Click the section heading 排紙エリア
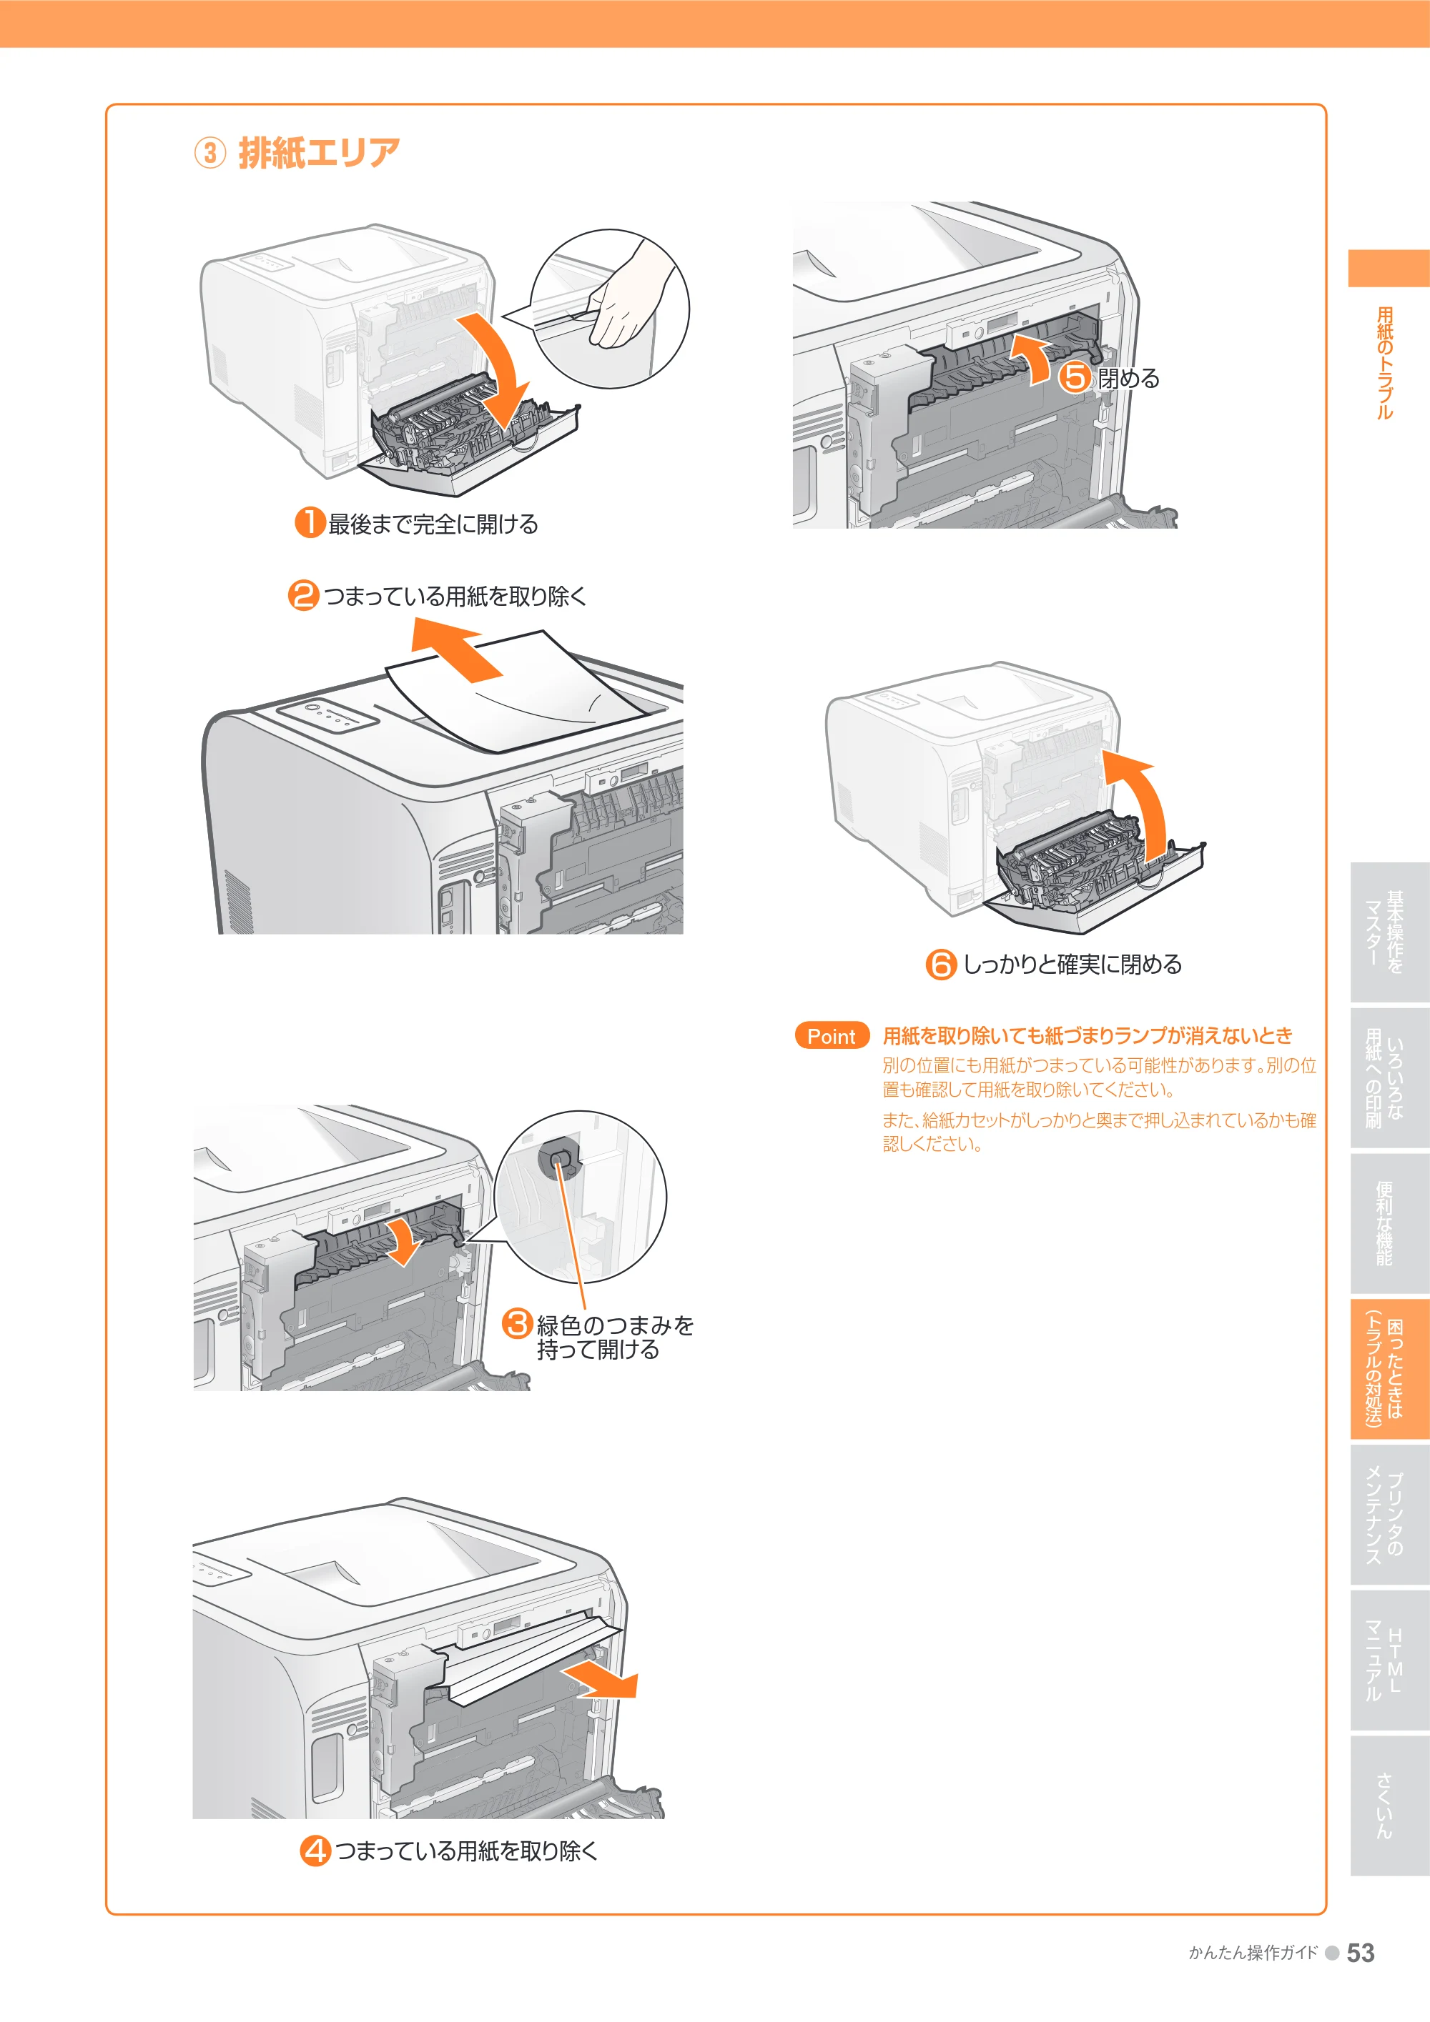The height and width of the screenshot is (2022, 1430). [x=319, y=153]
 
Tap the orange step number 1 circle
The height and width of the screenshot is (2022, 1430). [x=310, y=522]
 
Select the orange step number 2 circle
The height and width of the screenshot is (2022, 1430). [x=303, y=595]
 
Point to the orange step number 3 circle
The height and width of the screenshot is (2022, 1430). [x=517, y=1324]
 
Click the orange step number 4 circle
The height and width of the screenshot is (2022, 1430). [x=315, y=1851]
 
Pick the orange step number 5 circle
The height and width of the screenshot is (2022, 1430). [x=1075, y=378]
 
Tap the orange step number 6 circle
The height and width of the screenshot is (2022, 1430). [x=941, y=965]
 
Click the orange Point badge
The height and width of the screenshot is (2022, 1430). [x=832, y=1036]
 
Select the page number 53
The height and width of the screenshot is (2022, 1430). [x=1361, y=1953]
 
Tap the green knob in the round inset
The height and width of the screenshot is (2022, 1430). [x=558, y=1159]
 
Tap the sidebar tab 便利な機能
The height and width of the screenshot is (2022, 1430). [x=1384, y=1223]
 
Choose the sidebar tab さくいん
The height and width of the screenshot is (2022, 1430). [x=1384, y=1805]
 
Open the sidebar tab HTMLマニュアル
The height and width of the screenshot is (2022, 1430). [x=1384, y=1660]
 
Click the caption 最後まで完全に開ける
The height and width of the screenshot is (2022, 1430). [x=433, y=524]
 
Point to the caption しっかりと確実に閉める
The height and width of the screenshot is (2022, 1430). [x=1072, y=965]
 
